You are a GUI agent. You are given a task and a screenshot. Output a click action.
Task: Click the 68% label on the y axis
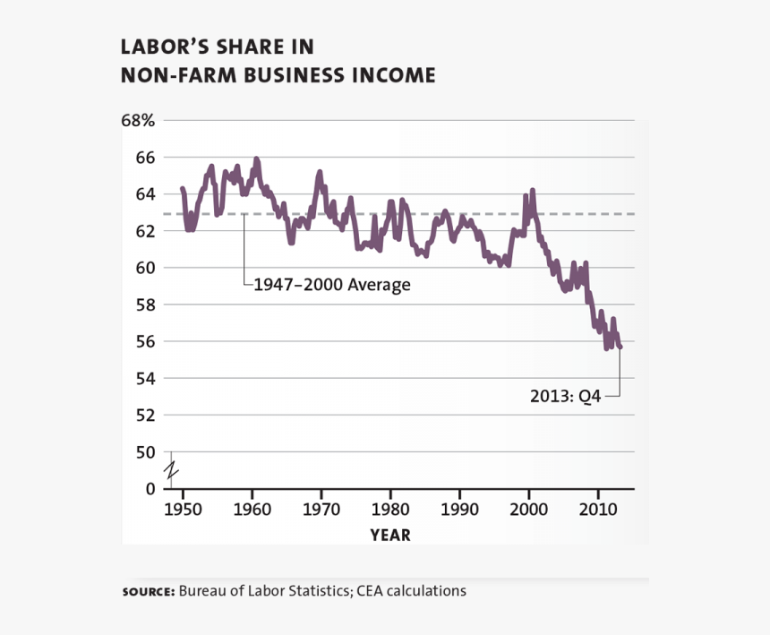pos(138,120)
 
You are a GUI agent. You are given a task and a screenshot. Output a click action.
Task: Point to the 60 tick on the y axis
pos(146,268)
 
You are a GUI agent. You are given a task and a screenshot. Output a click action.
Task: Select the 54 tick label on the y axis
pos(146,378)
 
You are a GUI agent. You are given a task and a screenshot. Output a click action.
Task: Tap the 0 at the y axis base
pos(150,489)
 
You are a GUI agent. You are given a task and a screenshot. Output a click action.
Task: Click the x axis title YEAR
pos(390,535)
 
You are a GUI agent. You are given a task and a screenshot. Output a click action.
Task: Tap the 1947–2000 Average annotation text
pos(331,286)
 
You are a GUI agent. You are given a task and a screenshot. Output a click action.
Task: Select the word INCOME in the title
pos(393,75)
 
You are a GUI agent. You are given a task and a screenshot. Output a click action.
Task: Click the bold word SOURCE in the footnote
pos(148,592)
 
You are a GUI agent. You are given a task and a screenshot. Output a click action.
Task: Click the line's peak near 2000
pos(533,190)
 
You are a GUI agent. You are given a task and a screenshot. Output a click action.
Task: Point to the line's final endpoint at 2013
pos(620,347)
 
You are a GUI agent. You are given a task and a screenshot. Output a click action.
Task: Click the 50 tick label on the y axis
pos(146,452)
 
